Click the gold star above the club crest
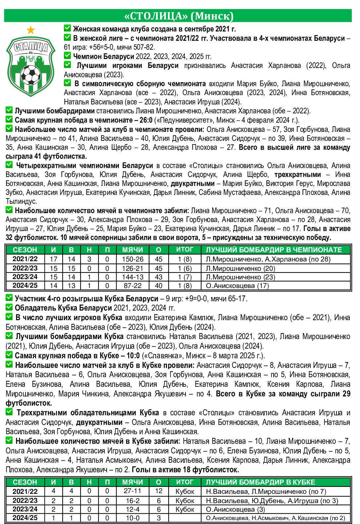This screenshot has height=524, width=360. pyautogui.click(x=30, y=30)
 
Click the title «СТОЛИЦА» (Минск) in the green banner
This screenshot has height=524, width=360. pyautogui.click(x=179, y=16)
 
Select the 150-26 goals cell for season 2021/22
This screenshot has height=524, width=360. pyautogui.click(x=132, y=259)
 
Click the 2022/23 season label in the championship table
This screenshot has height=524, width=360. pyautogui.click(x=25, y=268)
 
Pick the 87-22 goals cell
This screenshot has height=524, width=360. pyautogui.click(x=132, y=286)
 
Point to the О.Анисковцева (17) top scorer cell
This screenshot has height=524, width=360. pyautogui.click(x=237, y=286)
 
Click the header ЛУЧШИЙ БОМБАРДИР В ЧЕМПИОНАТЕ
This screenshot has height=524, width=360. pyautogui.click(x=274, y=250)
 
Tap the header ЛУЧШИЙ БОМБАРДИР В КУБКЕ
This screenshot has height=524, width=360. pyautogui.click(x=260, y=482)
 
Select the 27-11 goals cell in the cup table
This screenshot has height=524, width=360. pyautogui.click(x=132, y=491)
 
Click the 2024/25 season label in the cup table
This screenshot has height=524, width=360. pyautogui.click(x=25, y=518)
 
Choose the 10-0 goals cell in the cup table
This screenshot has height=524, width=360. pyautogui.click(x=132, y=518)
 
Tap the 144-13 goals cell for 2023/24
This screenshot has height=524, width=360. pyautogui.click(x=132, y=277)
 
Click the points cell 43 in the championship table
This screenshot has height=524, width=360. pyautogui.click(x=159, y=277)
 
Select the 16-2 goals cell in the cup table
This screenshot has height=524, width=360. pyautogui.click(x=132, y=500)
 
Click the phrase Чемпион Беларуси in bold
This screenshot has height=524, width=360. pyautogui.click(x=103, y=56)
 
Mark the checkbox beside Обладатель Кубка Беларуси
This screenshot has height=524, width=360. pyautogui.click(x=9, y=307)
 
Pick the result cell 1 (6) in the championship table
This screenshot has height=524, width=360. pyautogui.click(x=184, y=268)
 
